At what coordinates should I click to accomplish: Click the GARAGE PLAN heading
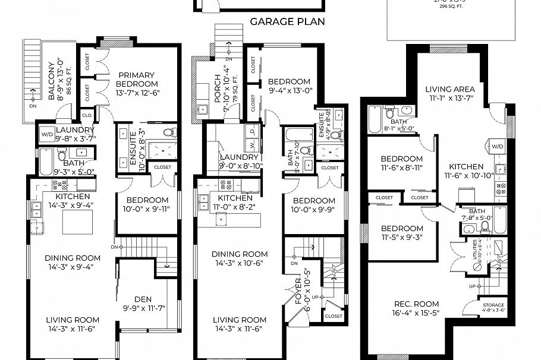(287, 23)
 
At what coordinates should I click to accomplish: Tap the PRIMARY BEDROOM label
(136, 79)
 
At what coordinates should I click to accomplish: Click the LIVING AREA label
(450, 90)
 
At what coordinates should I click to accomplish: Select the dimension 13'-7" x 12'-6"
(136, 93)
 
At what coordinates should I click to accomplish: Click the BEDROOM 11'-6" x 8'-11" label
(402, 159)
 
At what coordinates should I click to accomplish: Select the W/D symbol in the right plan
(496, 146)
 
